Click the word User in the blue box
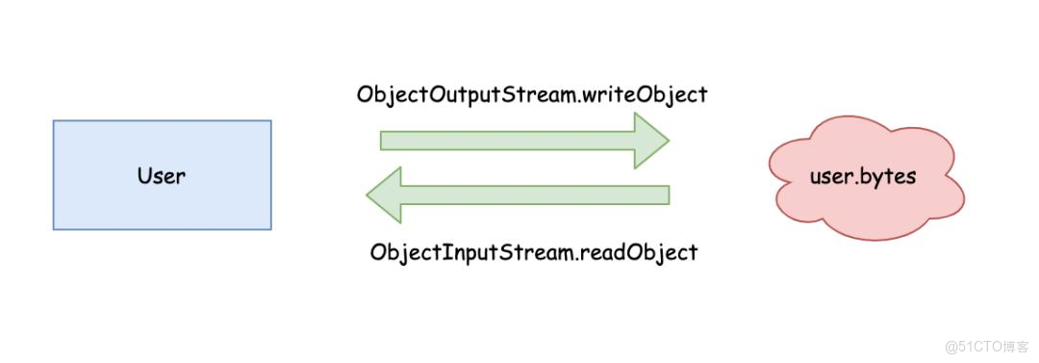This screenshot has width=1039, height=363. click(162, 176)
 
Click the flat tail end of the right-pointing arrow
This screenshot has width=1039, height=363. click(383, 141)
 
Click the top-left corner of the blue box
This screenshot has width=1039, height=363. click(54, 121)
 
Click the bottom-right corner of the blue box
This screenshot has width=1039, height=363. click(270, 229)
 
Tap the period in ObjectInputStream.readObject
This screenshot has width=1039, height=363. click(575, 257)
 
